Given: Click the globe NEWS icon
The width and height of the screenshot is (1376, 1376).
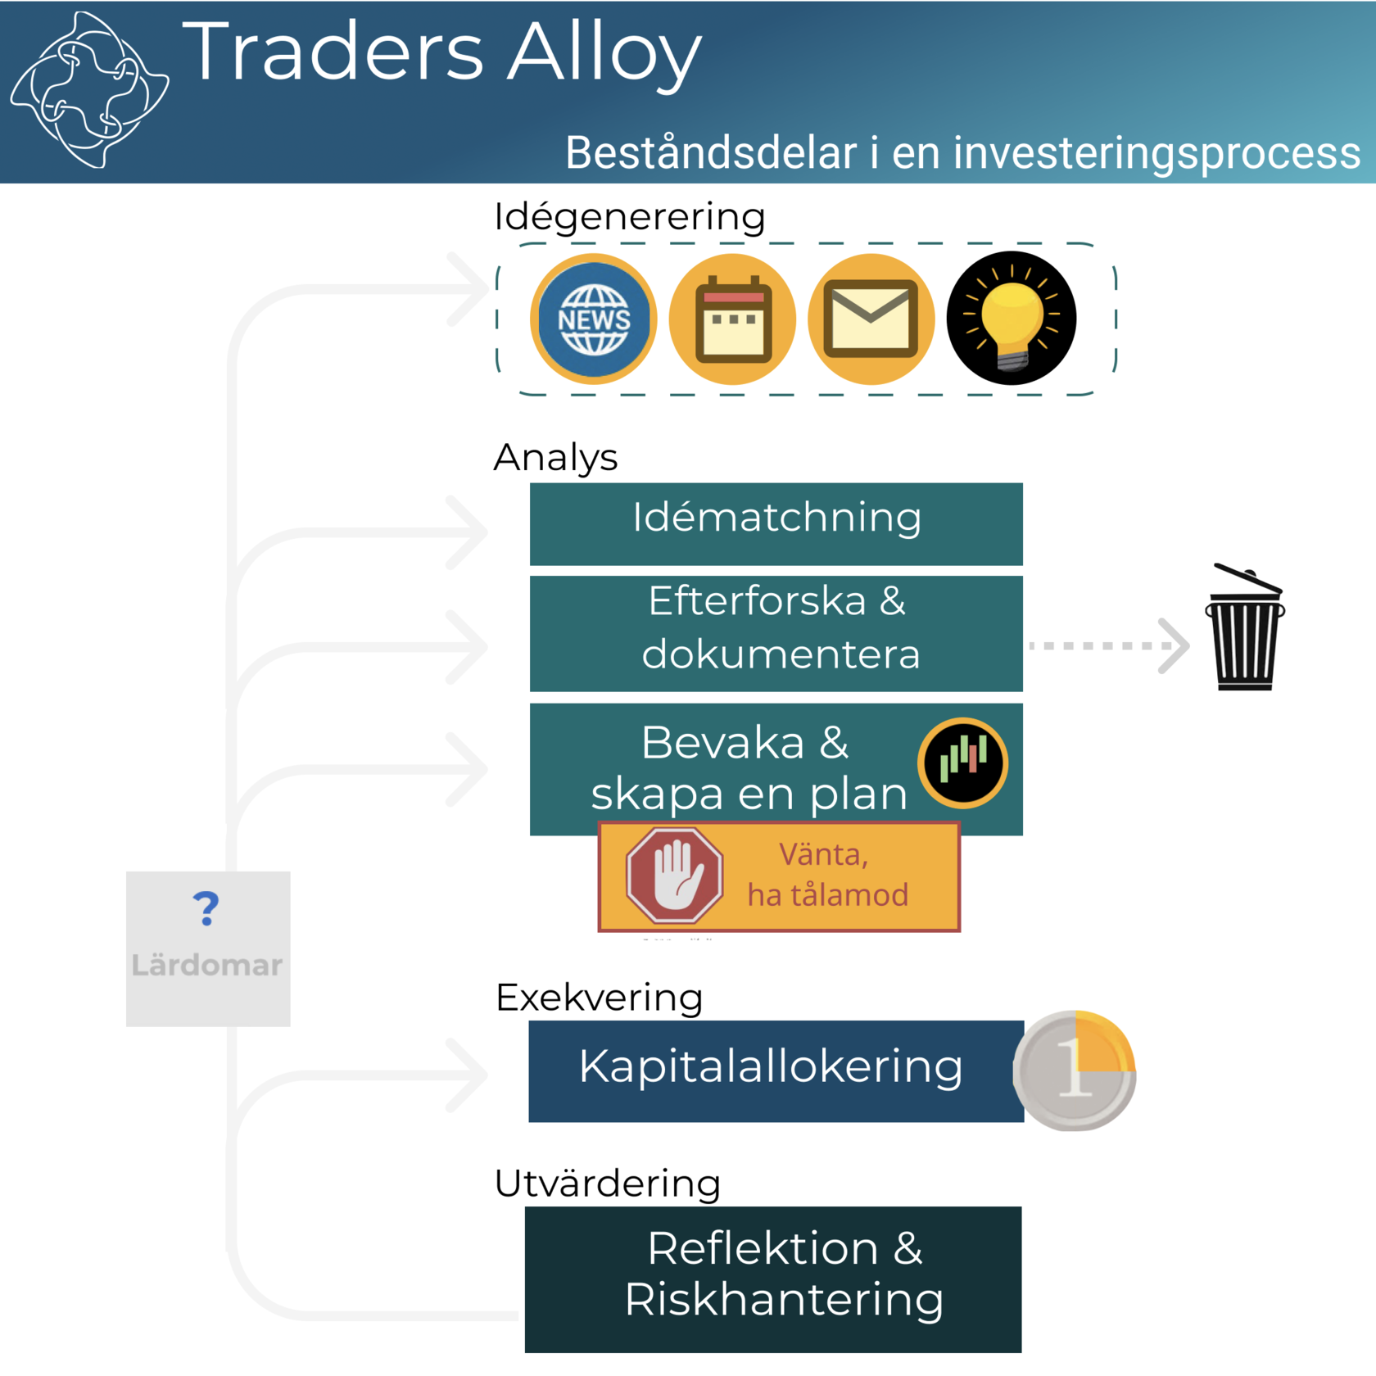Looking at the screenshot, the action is (594, 319).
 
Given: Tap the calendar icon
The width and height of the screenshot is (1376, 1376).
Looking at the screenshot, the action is (733, 319).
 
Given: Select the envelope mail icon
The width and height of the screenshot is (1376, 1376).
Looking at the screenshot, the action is (871, 319).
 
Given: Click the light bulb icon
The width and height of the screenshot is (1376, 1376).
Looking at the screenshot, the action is (1012, 319).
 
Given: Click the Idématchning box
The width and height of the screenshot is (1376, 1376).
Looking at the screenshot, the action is (776, 523).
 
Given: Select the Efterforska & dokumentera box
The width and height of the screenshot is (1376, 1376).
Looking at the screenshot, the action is (776, 633).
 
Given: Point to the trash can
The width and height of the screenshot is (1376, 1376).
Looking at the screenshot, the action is (1244, 627).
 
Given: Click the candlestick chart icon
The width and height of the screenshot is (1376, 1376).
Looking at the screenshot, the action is (963, 763).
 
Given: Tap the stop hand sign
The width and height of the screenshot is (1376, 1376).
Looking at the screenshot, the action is (674, 876).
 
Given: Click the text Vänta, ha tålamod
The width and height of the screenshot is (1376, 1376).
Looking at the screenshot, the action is (827, 875).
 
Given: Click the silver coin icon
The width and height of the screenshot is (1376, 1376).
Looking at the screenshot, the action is (1075, 1070).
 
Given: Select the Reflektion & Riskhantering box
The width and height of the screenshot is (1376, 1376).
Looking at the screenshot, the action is (773, 1279).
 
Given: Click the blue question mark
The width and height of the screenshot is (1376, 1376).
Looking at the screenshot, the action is (206, 908).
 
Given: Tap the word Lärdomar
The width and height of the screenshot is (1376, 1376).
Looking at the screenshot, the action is (207, 965).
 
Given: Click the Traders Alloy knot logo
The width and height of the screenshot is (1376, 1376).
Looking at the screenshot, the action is (89, 89).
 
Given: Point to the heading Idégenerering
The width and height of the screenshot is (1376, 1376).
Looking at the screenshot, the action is (630, 217).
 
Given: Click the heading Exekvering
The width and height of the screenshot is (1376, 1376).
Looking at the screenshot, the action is (599, 998).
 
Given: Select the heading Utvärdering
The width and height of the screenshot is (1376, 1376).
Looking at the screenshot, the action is (607, 1184).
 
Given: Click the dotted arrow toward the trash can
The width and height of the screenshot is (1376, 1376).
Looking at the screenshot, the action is (1109, 645).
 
